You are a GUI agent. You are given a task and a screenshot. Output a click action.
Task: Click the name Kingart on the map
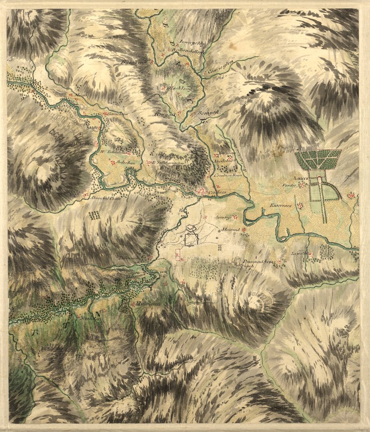click(x=164, y=114)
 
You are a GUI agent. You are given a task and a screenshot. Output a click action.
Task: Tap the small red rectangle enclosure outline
click(x=177, y=256)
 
